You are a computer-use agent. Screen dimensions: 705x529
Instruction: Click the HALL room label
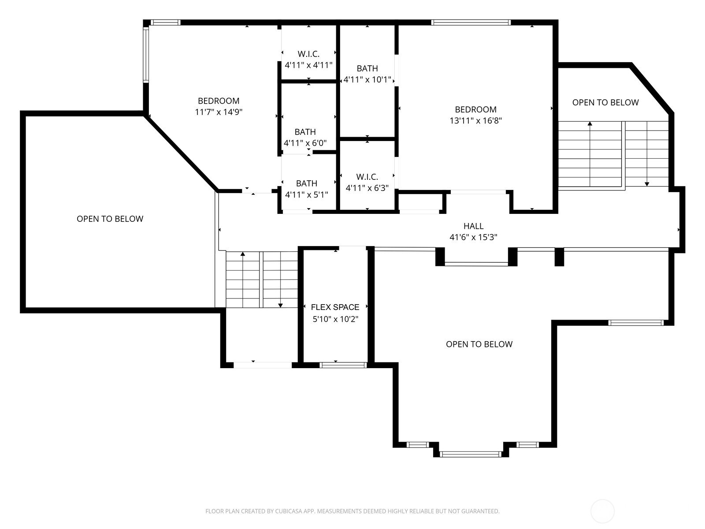pyautogui.click(x=473, y=226)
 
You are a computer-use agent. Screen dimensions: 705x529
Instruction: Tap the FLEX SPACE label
pyautogui.click(x=335, y=307)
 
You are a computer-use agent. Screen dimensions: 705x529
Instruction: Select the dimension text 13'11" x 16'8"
pyautogui.click(x=476, y=121)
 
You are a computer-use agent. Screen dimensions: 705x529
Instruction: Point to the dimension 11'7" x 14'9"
pyautogui.click(x=219, y=112)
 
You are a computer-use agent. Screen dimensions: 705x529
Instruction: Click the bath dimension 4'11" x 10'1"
pyautogui.click(x=367, y=80)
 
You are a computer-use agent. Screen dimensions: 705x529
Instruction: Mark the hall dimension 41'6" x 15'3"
pyautogui.click(x=473, y=237)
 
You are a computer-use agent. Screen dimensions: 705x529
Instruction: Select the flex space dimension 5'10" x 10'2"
pyautogui.click(x=335, y=319)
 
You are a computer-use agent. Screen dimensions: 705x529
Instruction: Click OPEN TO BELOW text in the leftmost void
pyautogui.click(x=110, y=219)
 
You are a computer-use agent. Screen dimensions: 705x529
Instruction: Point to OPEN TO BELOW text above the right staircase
pyautogui.click(x=605, y=102)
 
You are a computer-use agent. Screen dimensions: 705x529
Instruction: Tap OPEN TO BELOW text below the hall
pyautogui.click(x=479, y=344)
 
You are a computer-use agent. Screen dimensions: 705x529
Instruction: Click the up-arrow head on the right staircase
pyautogui.click(x=590, y=124)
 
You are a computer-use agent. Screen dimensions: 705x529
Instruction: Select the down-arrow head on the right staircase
pyautogui.click(x=647, y=184)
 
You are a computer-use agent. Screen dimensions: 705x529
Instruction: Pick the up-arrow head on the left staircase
pyautogui.click(x=243, y=254)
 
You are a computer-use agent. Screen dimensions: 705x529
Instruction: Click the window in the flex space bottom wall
pyautogui.click(x=343, y=365)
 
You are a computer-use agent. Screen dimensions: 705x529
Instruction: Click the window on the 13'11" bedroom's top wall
pyautogui.click(x=471, y=22)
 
